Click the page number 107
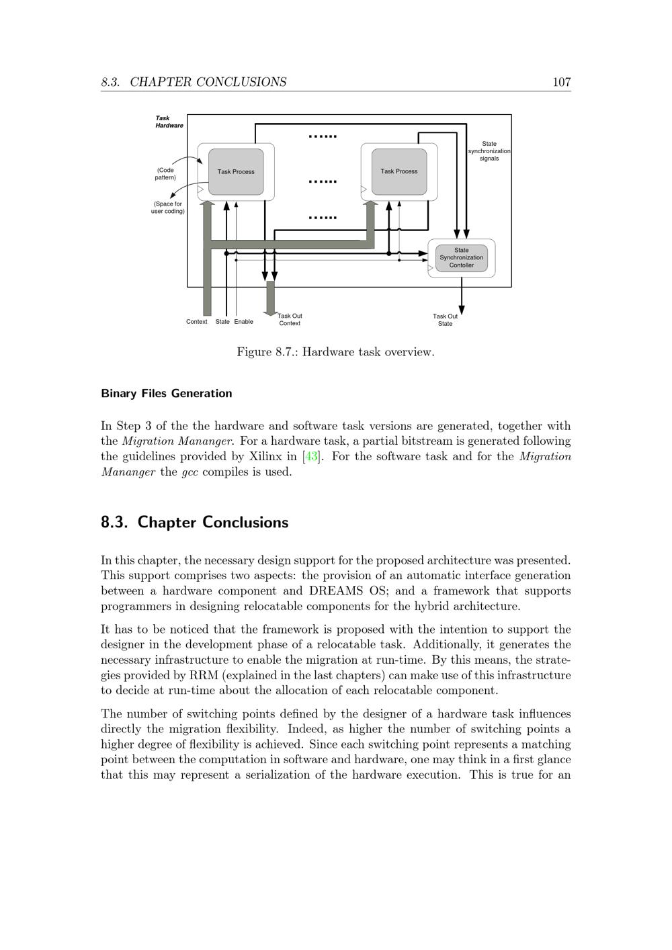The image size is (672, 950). click(x=561, y=82)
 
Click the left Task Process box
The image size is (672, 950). click(x=236, y=172)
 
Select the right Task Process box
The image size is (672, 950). click(x=398, y=171)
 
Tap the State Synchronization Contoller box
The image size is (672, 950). click(x=461, y=258)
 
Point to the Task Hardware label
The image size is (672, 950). click(x=169, y=122)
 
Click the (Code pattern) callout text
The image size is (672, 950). click(x=165, y=174)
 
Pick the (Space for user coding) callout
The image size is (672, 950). click(x=167, y=208)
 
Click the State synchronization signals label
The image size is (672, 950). click(x=489, y=151)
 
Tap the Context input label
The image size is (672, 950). click(x=196, y=321)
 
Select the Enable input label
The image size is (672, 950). click(x=243, y=321)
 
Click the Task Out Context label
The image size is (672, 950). click(x=290, y=319)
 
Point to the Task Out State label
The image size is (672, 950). click(x=445, y=320)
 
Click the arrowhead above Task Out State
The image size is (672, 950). click(x=462, y=310)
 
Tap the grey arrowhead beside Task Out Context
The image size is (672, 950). click(x=270, y=313)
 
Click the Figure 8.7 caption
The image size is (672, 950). click(x=335, y=352)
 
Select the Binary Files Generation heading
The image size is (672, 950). click(x=166, y=394)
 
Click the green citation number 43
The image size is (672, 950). click(x=311, y=457)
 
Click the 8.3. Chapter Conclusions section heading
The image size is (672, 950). click(x=194, y=522)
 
